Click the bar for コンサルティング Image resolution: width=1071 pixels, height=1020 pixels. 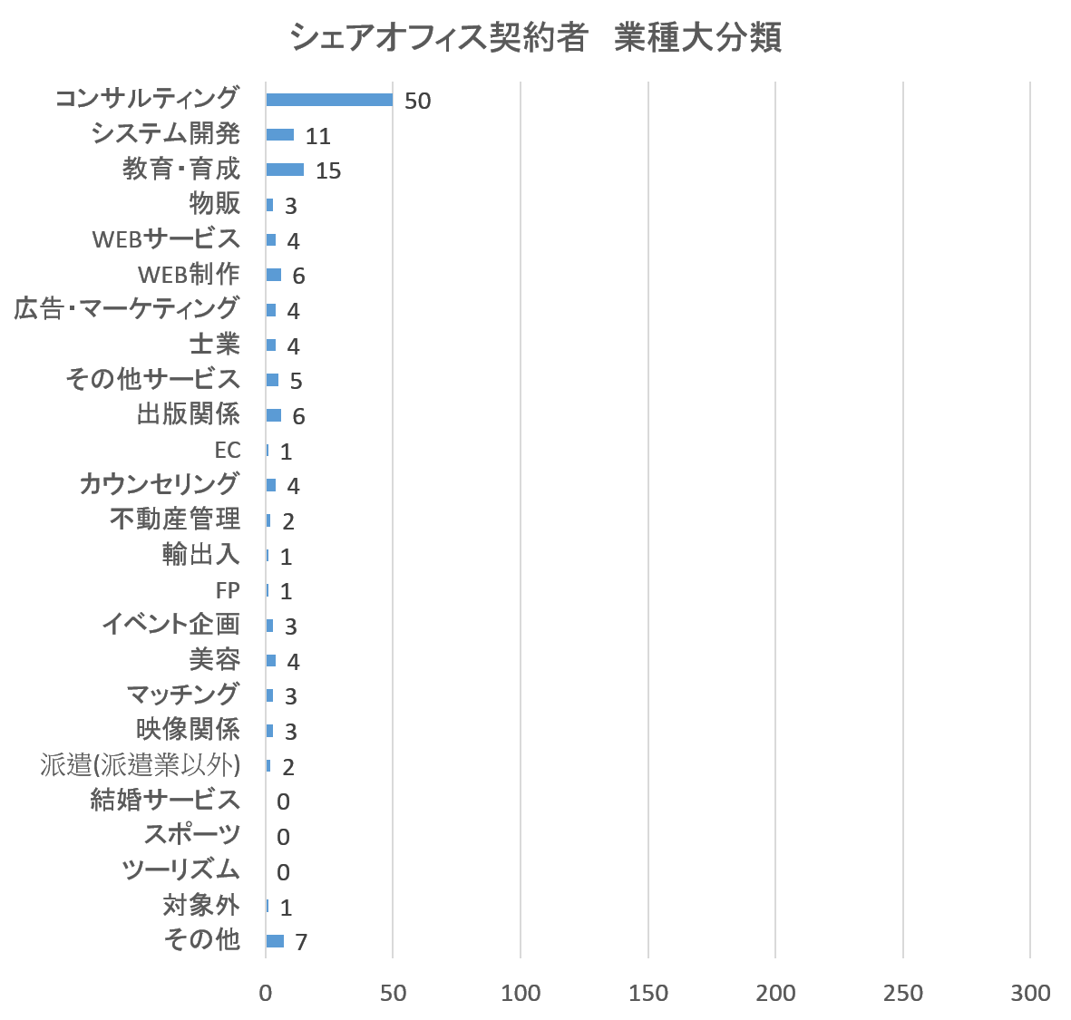[x=329, y=100]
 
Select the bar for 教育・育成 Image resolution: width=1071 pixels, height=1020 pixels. [x=285, y=170]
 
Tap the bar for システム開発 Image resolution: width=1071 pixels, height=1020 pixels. [x=279, y=135]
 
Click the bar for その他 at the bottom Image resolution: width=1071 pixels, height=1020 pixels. [x=275, y=941]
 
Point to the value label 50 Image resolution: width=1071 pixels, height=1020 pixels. [x=417, y=101]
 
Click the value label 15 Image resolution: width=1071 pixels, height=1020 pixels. [x=327, y=170]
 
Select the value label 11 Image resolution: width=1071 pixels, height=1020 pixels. [x=317, y=136]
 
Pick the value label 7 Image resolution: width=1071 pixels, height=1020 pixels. [x=301, y=942]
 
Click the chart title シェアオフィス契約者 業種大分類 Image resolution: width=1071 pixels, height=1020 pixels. [x=535, y=39]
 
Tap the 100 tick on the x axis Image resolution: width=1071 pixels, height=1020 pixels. [x=521, y=993]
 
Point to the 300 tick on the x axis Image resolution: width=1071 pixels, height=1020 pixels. [x=1031, y=993]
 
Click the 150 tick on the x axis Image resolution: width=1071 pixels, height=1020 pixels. [x=648, y=993]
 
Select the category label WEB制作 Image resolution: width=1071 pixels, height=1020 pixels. [x=189, y=274]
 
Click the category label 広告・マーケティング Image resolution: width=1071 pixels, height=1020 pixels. [x=127, y=309]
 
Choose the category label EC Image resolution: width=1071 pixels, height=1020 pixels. [x=227, y=450]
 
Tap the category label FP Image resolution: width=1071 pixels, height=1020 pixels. [x=228, y=590]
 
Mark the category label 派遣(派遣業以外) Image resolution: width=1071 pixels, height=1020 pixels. [x=141, y=765]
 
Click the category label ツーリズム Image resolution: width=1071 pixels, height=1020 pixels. [x=181, y=870]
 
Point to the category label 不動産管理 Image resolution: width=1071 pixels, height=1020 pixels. [x=175, y=520]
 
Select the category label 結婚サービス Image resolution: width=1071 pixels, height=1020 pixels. [x=165, y=800]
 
